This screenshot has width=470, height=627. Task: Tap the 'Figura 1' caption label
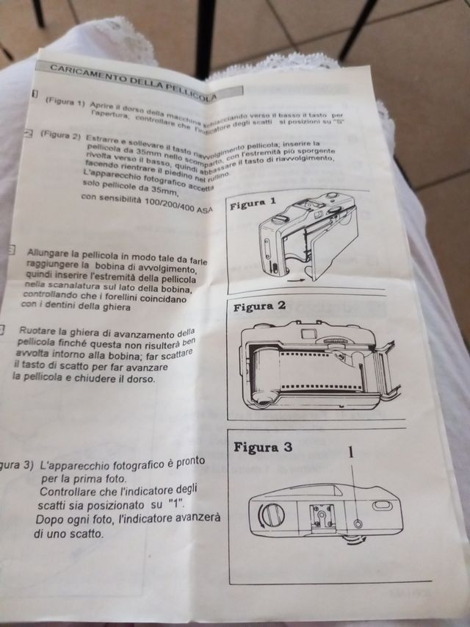pos(253,203)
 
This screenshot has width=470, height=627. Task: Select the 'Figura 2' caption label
pos(258,307)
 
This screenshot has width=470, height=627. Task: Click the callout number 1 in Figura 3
pos(352,453)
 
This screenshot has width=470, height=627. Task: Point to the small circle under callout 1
pos(358,523)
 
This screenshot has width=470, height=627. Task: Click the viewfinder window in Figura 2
pos(309,334)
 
